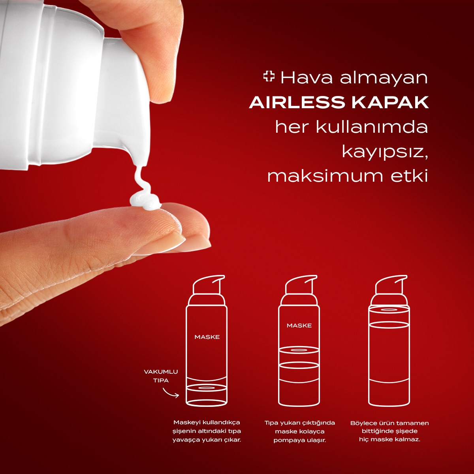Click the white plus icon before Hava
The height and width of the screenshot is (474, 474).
coord(269,77)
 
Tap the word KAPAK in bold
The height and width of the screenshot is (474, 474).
coord(390,102)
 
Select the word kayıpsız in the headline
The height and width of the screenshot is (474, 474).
coord(385,153)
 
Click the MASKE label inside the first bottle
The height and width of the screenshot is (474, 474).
coord(207,337)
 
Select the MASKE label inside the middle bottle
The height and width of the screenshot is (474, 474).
coord(299,325)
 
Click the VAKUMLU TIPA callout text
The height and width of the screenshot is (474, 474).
coord(161,376)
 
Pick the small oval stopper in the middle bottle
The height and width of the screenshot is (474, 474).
coord(299,350)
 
